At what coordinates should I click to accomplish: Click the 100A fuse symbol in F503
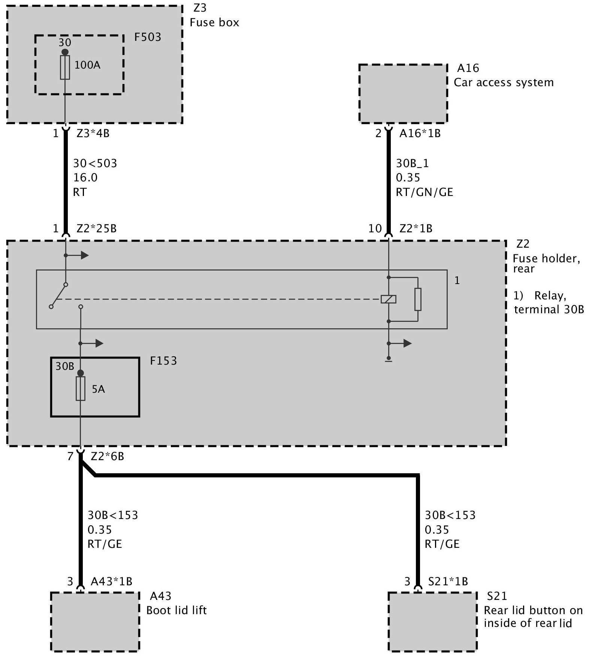coord(65,67)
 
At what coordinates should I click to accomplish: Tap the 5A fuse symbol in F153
coord(80,389)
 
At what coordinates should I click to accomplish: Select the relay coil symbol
coord(389,299)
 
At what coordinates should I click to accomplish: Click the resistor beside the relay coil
coord(418,299)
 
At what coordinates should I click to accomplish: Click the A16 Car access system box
coord(403,94)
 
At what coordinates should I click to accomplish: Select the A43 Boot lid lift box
coord(95,621)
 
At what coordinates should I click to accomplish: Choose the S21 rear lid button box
coord(432,621)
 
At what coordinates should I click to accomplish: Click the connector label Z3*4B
coord(93,133)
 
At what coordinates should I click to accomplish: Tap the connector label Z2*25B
coord(96,228)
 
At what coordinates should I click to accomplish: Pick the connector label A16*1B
coord(420,133)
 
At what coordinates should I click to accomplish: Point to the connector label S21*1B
coord(448,581)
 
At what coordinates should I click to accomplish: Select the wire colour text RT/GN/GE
coord(424,192)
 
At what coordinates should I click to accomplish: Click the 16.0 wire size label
coord(85,178)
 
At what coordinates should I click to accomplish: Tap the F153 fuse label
coord(163,361)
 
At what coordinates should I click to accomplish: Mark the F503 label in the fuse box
coord(148,37)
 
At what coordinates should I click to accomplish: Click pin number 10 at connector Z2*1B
coord(375,228)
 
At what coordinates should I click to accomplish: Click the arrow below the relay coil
coord(405,343)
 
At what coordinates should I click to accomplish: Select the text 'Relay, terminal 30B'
coord(549,302)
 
